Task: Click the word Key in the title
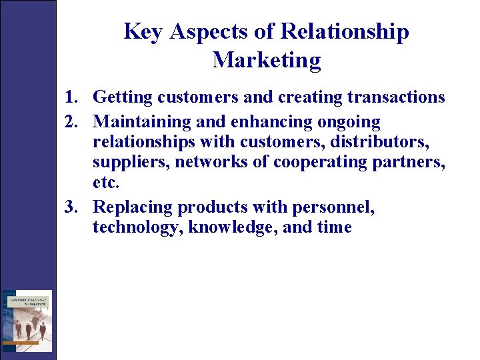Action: (143, 32)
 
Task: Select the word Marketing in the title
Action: (267, 61)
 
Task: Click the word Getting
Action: (123, 98)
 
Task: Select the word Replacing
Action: (133, 207)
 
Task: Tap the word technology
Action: (137, 227)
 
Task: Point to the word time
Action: (335, 227)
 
